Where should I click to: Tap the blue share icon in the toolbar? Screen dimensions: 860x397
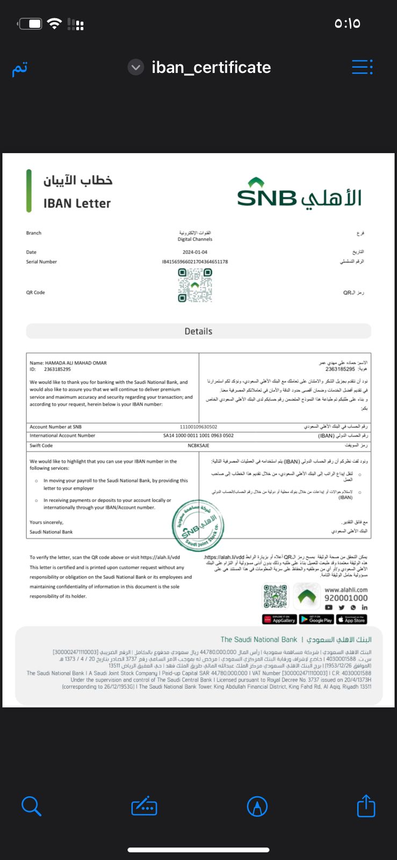point(366,806)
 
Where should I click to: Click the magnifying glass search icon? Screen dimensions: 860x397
point(31,806)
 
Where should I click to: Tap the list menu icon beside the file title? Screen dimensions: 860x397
point(362,67)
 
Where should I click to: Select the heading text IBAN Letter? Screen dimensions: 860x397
point(77,203)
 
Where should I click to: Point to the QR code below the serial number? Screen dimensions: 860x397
point(195,285)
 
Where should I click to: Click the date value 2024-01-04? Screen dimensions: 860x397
point(194,252)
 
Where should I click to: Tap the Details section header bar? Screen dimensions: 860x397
point(198,331)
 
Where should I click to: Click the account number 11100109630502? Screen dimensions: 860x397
point(198,427)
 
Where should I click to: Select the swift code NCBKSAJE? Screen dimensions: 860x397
point(198,446)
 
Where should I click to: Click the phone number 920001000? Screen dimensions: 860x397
point(346,598)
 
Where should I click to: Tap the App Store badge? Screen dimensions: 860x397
point(352,619)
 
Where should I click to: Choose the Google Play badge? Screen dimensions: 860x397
point(316,619)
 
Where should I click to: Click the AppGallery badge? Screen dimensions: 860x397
point(279,619)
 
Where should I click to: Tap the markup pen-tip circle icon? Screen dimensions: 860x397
point(257,806)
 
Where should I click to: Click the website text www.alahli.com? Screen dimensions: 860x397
point(346,590)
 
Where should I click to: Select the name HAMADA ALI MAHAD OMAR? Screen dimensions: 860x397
point(75,363)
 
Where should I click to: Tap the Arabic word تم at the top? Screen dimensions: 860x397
point(20,69)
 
